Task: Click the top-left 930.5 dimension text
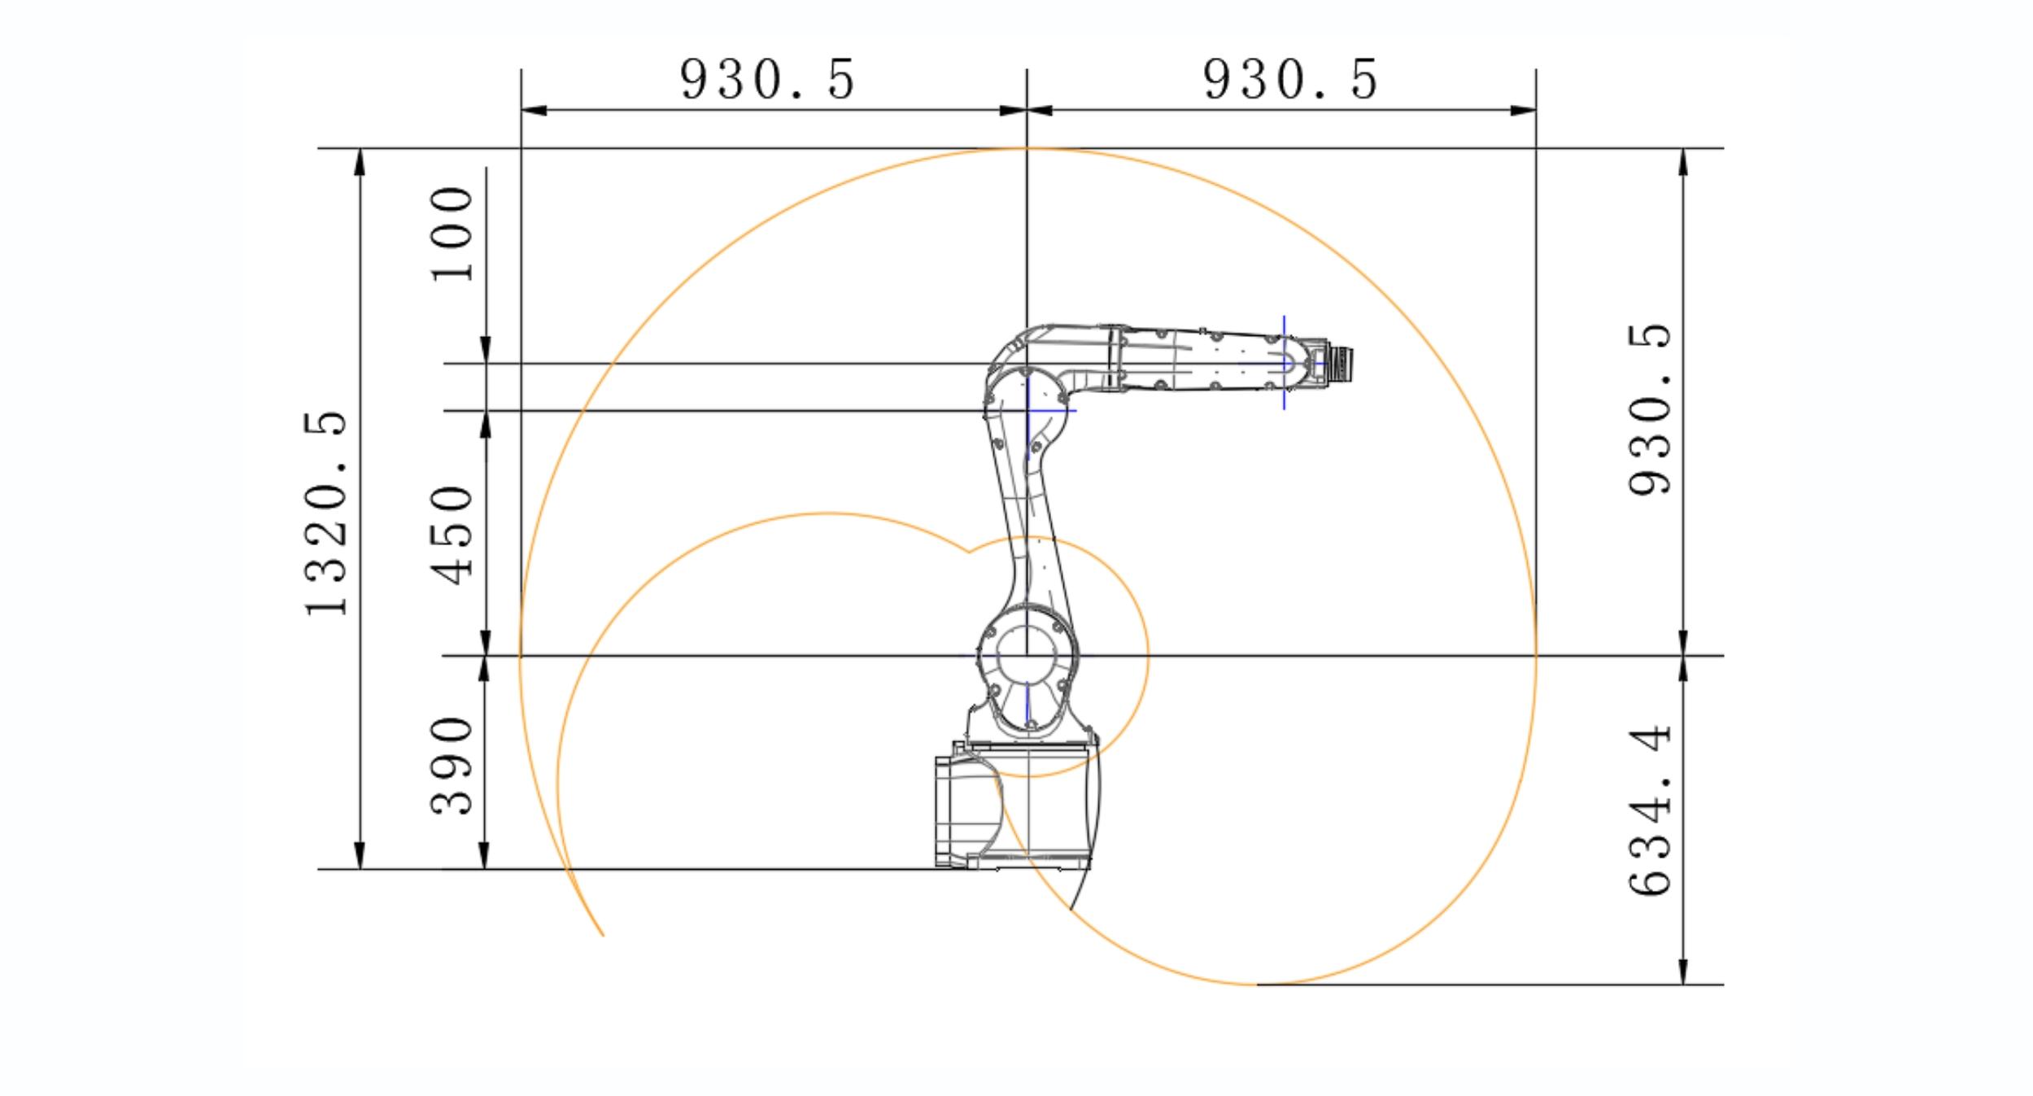pyautogui.click(x=768, y=80)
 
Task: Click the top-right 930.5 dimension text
pyautogui.click(x=1291, y=80)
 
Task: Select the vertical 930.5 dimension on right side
pyautogui.click(x=1649, y=409)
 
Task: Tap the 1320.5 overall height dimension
pyautogui.click(x=326, y=514)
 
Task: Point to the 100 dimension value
pyautogui.click(x=452, y=234)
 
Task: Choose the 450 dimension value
pyautogui.click(x=452, y=535)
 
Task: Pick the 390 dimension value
pyautogui.click(x=452, y=765)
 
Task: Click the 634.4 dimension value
pyautogui.click(x=1651, y=811)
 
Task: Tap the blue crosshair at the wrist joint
pyautogui.click(x=1285, y=363)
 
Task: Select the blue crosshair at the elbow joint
pyautogui.click(x=1028, y=410)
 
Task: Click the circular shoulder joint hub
pyautogui.click(x=1027, y=656)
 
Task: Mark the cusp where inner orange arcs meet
pyautogui.click(x=968, y=552)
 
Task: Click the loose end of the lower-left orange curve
pyautogui.click(x=603, y=936)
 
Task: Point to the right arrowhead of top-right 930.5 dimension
pyautogui.click(x=1524, y=111)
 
